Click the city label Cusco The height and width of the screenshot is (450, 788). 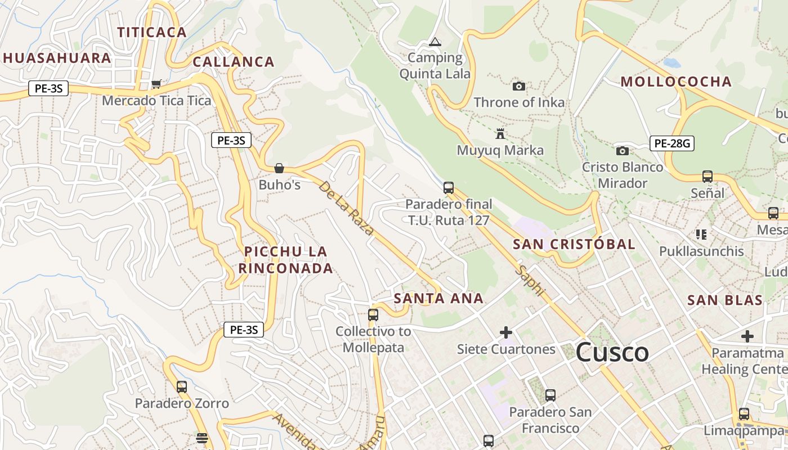click(x=612, y=353)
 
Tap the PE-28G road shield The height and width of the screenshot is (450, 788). click(x=671, y=143)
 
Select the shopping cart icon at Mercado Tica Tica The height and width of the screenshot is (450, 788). click(x=156, y=84)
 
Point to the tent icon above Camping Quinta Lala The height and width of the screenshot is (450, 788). click(x=435, y=42)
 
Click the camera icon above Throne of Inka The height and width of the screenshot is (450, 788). click(x=519, y=86)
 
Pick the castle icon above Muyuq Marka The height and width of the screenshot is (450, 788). click(x=500, y=134)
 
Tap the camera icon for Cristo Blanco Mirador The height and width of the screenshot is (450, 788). click(x=622, y=151)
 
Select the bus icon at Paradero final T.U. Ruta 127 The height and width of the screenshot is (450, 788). click(x=449, y=187)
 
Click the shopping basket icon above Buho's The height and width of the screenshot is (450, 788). click(x=279, y=168)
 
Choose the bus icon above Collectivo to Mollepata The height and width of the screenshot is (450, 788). click(x=373, y=314)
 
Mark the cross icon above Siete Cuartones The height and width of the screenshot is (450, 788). click(x=506, y=332)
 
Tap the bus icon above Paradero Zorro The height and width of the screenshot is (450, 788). click(x=182, y=386)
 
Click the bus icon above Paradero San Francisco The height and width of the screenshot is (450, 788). click(x=550, y=395)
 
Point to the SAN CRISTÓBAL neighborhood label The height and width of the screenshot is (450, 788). click(x=574, y=244)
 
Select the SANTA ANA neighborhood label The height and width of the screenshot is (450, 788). click(x=438, y=298)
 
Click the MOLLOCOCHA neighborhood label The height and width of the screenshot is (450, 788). click(x=676, y=82)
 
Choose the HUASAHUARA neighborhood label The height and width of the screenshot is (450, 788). click(x=57, y=58)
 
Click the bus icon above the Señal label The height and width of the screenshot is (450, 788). click(x=708, y=177)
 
